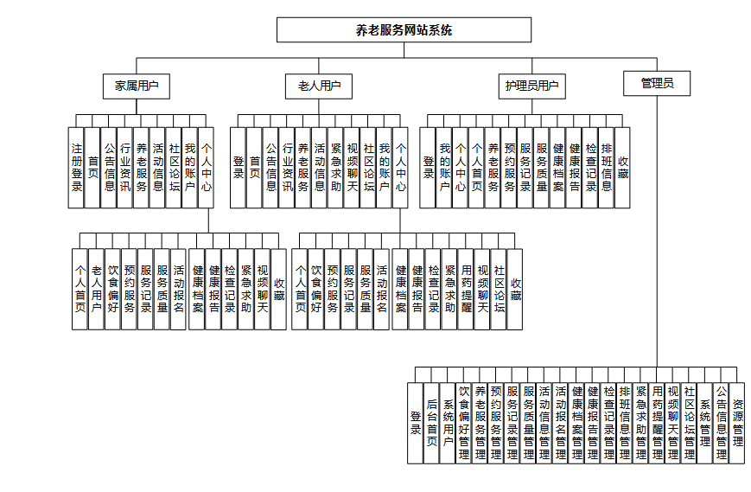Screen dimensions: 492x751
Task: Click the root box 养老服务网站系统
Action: (x=404, y=29)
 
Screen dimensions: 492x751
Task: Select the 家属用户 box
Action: (x=136, y=86)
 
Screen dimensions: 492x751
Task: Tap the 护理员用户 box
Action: (x=532, y=86)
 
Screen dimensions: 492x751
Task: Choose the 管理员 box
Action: (x=656, y=83)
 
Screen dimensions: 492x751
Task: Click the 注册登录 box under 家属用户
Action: (x=77, y=167)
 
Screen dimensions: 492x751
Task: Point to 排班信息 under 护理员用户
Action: (x=607, y=167)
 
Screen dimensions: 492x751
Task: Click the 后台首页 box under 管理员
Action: (x=432, y=423)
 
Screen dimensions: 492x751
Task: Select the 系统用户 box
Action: (x=449, y=423)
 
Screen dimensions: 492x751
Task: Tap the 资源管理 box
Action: (x=737, y=423)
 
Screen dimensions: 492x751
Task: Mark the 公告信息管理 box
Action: (x=722, y=423)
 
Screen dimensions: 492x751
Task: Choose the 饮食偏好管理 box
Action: (x=464, y=423)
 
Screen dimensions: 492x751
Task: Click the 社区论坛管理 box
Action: (x=689, y=423)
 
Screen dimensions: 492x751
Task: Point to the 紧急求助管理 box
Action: (x=640, y=423)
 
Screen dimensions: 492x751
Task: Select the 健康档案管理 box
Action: (x=576, y=423)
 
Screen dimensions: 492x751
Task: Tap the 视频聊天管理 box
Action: (x=673, y=423)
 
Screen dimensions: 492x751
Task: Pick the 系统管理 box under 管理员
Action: (x=705, y=423)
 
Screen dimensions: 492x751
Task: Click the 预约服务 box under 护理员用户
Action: (x=509, y=167)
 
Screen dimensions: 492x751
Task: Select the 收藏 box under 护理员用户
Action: (x=622, y=167)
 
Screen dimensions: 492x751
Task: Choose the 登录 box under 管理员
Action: (x=416, y=423)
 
